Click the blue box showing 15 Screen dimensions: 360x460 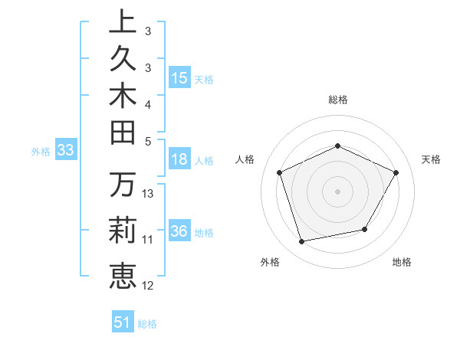(x=179, y=78)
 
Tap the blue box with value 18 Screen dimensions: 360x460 (x=179, y=160)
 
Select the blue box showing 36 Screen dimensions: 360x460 (x=179, y=232)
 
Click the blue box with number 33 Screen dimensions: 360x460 (x=65, y=151)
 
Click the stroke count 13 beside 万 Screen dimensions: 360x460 (x=149, y=194)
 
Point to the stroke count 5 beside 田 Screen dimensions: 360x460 (x=148, y=141)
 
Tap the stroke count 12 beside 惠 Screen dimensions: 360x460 (x=148, y=286)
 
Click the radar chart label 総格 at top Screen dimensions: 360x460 (x=338, y=100)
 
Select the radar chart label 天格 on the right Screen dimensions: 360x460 (x=431, y=159)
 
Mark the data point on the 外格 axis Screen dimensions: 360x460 (x=302, y=242)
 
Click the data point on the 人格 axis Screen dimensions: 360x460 (x=280, y=172)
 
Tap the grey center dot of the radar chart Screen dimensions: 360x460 (x=338, y=191)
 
